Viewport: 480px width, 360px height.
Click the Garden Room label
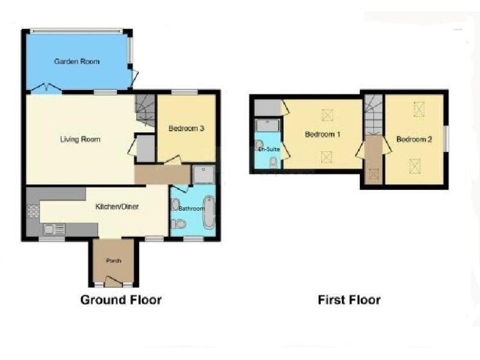point(77,62)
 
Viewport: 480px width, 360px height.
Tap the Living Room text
point(80,139)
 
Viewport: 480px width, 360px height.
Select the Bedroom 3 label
point(186,129)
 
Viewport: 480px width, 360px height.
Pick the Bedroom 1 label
point(322,135)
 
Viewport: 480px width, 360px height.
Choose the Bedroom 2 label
point(414,139)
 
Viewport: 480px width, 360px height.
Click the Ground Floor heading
point(121,300)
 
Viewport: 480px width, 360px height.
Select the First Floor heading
point(349,300)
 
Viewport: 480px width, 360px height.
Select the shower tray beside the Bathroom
point(203,174)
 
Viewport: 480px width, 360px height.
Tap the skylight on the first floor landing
point(373,176)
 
